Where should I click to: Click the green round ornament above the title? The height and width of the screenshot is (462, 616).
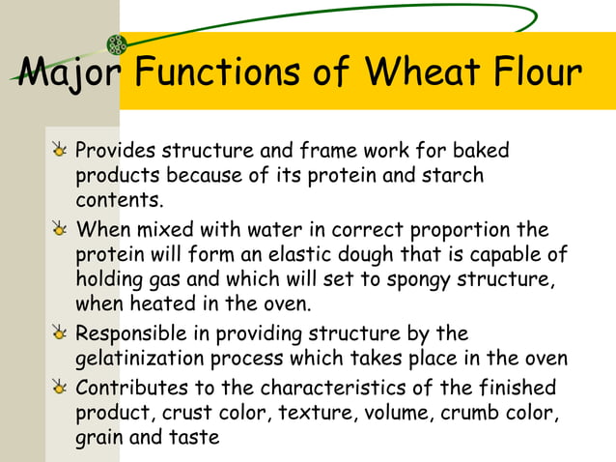117,43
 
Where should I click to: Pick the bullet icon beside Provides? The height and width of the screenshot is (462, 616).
60,152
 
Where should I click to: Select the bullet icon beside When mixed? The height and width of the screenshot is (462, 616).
60,231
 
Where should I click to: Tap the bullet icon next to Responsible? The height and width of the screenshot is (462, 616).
60,334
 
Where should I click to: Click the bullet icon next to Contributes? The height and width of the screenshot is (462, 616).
60,389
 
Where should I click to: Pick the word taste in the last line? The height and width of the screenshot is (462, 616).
195,438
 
